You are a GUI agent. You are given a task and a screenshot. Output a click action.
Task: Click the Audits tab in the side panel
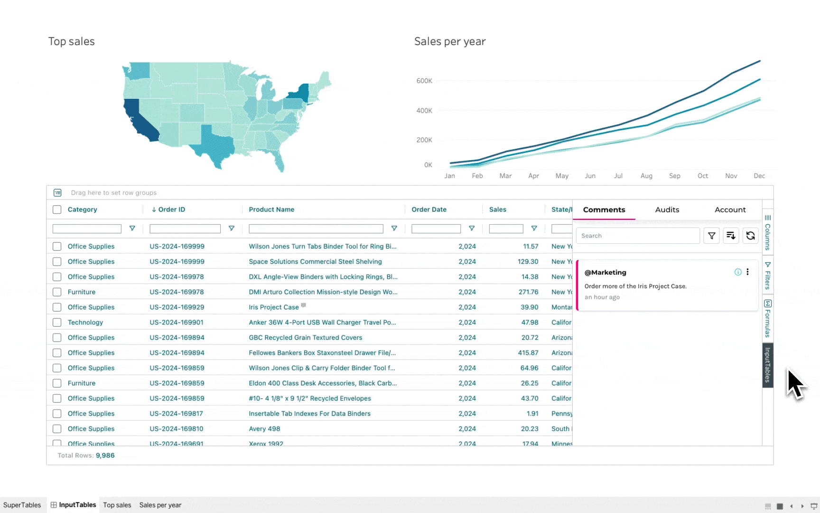[x=667, y=209]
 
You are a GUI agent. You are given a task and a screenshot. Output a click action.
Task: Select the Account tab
[x=730, y=209]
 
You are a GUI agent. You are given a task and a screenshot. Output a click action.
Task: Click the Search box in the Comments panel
[x=637, y=236]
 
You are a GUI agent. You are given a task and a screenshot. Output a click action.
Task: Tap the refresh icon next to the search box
[x=750, y=236]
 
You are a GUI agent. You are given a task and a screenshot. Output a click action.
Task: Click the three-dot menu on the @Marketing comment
[x=747, y=272]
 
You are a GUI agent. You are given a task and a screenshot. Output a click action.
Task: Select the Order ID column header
[x=171, y=209]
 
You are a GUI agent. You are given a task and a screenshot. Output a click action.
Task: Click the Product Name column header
[x=271, y=209]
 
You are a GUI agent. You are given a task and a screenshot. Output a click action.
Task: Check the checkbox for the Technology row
[x=57, y=323]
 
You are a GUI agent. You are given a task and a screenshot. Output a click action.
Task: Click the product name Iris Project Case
[x=274, y=307]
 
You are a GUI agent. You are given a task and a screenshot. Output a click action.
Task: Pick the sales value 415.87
[x=528, y=353]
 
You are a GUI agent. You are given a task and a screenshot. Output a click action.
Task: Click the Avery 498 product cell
[x=264, y=429]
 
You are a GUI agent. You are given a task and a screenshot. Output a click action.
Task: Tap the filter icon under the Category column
[x=132, y=228]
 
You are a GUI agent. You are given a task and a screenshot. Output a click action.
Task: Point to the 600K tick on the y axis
[x=424, y=81]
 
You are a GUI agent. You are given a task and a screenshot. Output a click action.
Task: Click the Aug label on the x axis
[x=646, y=176]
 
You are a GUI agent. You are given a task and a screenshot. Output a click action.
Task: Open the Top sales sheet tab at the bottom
[x=117, y=505]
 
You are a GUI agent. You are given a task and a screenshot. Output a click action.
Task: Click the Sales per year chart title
[x=449, y=41]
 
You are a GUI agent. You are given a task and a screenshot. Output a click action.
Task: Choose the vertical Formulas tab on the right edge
[x=767, y=318]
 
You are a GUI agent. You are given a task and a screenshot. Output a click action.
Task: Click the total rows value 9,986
[x=105, y=456]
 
